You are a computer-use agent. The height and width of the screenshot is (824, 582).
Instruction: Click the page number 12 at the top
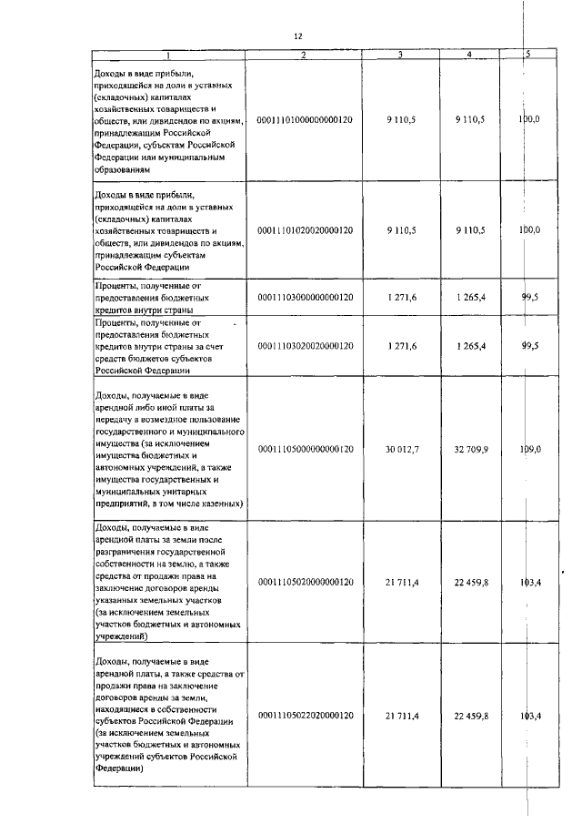coord(297,36)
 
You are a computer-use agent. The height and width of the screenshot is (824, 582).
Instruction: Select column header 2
coord(305,55)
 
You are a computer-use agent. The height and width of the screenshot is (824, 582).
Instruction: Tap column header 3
coord(401,55)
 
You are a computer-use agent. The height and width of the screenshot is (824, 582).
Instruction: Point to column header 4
coord(469,55)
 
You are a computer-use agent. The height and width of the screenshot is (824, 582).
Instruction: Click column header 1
coord(168,55)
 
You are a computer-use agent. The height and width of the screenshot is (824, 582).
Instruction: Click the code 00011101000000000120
coord(305,119)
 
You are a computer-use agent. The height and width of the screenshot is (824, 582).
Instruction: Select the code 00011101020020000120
coord(305,230)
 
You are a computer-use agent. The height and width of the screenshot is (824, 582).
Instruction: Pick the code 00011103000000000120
coord(305,296)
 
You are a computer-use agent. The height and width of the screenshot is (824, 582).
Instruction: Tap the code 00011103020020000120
coord(305,347)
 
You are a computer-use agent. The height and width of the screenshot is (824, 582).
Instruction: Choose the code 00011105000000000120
coord(305,449)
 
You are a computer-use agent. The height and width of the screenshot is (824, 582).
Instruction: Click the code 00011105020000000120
coord(305,582)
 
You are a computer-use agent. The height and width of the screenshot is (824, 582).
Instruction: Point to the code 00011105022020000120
coord(305,717)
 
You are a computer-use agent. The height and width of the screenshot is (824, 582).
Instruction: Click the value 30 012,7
coord(401,449)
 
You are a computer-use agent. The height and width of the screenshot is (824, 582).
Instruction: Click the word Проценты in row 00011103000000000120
coord(118,284)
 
